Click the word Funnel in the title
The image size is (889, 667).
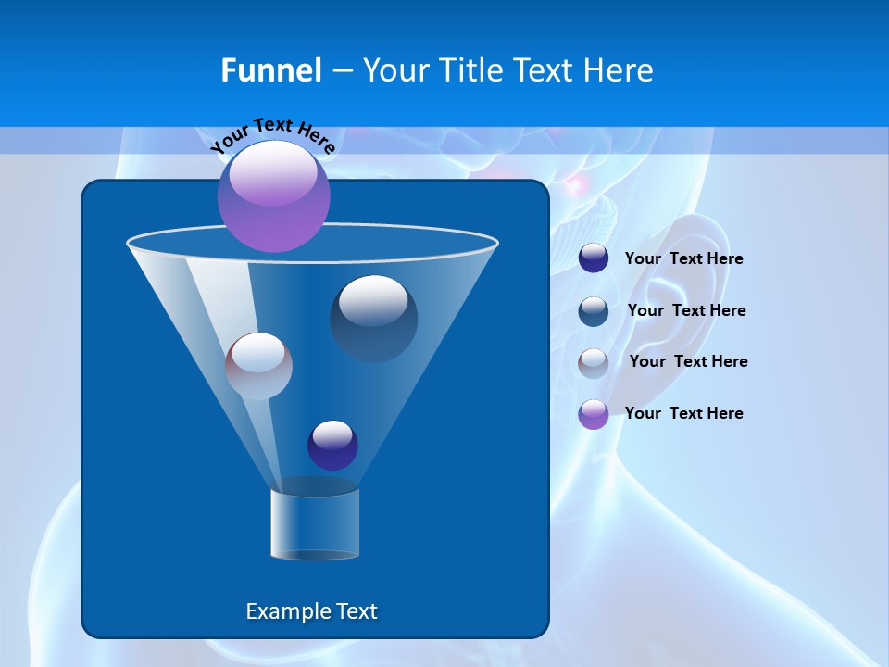coord(270,69)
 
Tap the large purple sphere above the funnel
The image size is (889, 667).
coord(273,195)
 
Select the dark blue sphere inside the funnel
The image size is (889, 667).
coord(373,318)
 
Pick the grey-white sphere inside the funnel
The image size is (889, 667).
coord(258,366)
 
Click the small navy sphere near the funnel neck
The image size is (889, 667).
coord(332,445)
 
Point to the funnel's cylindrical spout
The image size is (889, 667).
coord(315,524)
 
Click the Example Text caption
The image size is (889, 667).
coord(311,611)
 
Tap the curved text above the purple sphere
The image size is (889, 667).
coord(272,135)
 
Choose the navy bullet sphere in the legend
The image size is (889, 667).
coord(594,258)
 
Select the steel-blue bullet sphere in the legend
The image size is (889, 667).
coord(594,311)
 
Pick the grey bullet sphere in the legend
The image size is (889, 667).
coord(594,362)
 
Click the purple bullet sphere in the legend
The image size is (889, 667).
coord(594,414)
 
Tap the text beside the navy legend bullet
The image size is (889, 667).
coord(683,258)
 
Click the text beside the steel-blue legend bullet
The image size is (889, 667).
coord(686,310)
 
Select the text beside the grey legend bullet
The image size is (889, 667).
coord(688,361)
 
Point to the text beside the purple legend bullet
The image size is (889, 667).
coord(683,413)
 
